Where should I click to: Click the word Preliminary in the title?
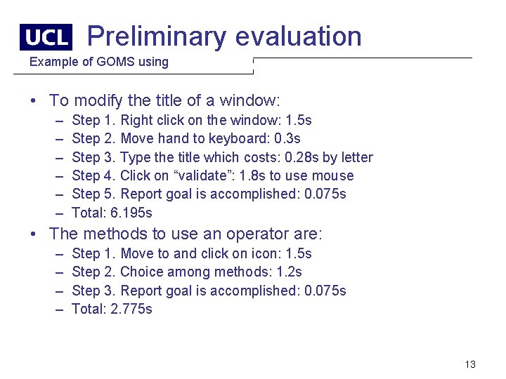157,36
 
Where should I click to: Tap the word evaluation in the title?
299,36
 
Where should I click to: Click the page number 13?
470,364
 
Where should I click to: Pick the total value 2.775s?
131,309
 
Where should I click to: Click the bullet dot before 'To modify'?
34,101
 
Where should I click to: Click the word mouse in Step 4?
335,175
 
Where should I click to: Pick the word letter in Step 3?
356,157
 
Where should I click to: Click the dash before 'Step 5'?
56,194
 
